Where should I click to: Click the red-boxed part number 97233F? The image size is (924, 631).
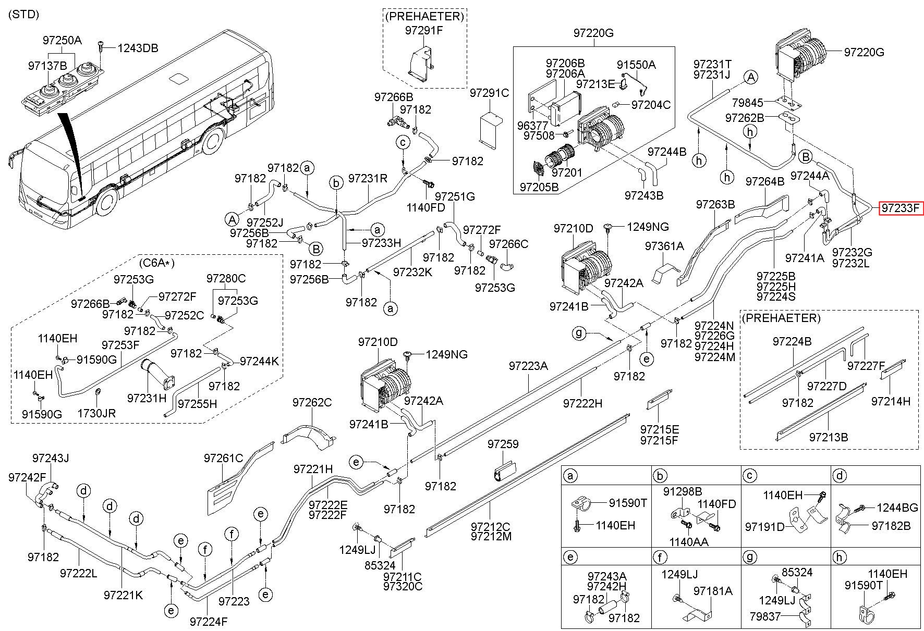(901, 209)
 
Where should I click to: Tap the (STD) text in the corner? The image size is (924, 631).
(24, 15)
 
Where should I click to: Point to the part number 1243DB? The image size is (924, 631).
(138, 48)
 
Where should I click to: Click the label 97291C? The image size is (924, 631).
(489, 93)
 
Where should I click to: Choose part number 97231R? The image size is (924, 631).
(368, 179)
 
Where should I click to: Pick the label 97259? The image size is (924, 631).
(503, 444)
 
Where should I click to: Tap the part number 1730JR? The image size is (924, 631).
(96, 413)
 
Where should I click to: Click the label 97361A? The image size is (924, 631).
(664, 246)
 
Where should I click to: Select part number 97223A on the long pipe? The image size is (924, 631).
(529, 366)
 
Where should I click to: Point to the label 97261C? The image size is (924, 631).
(224, 458)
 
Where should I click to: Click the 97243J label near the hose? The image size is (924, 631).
(51, 459)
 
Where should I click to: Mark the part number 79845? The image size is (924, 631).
(748, 103)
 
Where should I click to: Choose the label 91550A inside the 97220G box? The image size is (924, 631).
(636, 65)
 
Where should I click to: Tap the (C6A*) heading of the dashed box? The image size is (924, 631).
(156, 262)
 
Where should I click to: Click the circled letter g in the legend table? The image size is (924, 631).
(750, 558)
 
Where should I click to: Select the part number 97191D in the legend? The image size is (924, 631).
(765, 527)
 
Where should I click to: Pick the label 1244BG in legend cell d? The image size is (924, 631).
(897, 508)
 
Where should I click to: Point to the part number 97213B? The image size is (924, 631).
(829, 437)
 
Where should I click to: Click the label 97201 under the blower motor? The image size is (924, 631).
(567, 172)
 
